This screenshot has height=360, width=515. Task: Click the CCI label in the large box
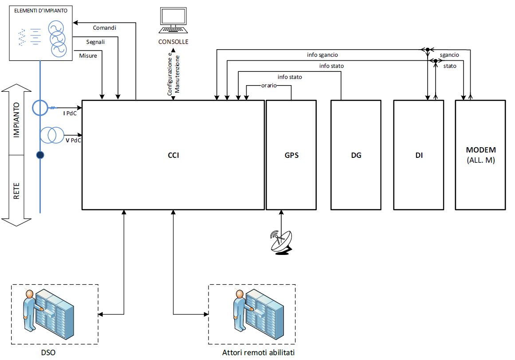pyautogui.click(x=173, y=156)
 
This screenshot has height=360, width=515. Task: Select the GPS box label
pyautogui.click(x=291, y=156)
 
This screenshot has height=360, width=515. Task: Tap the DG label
pyautogui.click(x=356, y=156)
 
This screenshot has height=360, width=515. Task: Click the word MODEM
pyautogui.click(x=481, y=150)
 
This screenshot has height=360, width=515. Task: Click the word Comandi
pyautogui.click(x=104, y=28)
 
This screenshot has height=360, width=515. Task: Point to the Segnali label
pyautogui.click(x=96, y=42)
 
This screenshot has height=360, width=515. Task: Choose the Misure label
pyautogui.click(x=88, y=56)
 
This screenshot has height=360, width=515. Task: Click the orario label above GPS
pyautogui.click(x=269, y=86)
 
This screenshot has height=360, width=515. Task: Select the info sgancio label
pyautogui.click(x=322, y=55)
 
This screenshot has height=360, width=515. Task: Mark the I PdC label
pyautogui.click(x=70, y=113)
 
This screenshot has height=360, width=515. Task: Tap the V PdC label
pyautogui.click(x=73, y=140)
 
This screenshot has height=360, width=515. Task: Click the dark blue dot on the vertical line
pyautogui.click(x=40, y=155)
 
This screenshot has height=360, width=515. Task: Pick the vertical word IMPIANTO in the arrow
pyautogui.click(x=16, y=121)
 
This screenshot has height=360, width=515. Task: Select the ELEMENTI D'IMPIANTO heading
pyautogui.click(x=41, y=10)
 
